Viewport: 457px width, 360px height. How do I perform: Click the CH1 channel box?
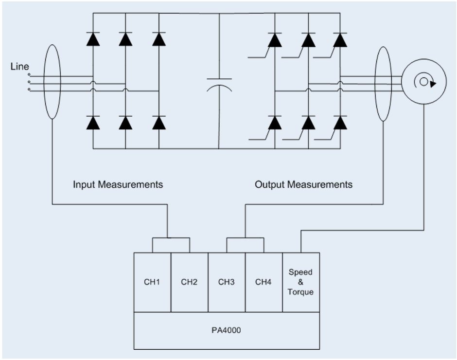click(152, 282)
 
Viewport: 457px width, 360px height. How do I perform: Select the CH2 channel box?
click(190, 282)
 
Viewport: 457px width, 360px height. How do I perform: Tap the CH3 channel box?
click(227, 282)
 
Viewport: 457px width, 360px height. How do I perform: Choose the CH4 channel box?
click(264, 282)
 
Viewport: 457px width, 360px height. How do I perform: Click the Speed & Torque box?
click(301, 282)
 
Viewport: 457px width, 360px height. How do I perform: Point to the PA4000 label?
click(227, 330)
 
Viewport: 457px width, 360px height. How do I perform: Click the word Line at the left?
click(20, 67)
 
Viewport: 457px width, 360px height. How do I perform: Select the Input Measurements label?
click(118, 185)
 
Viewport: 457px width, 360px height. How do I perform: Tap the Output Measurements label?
click(303, 185)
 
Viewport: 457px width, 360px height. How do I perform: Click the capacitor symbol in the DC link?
click(219, 84)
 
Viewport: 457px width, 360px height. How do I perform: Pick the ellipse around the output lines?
click(384, 82)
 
